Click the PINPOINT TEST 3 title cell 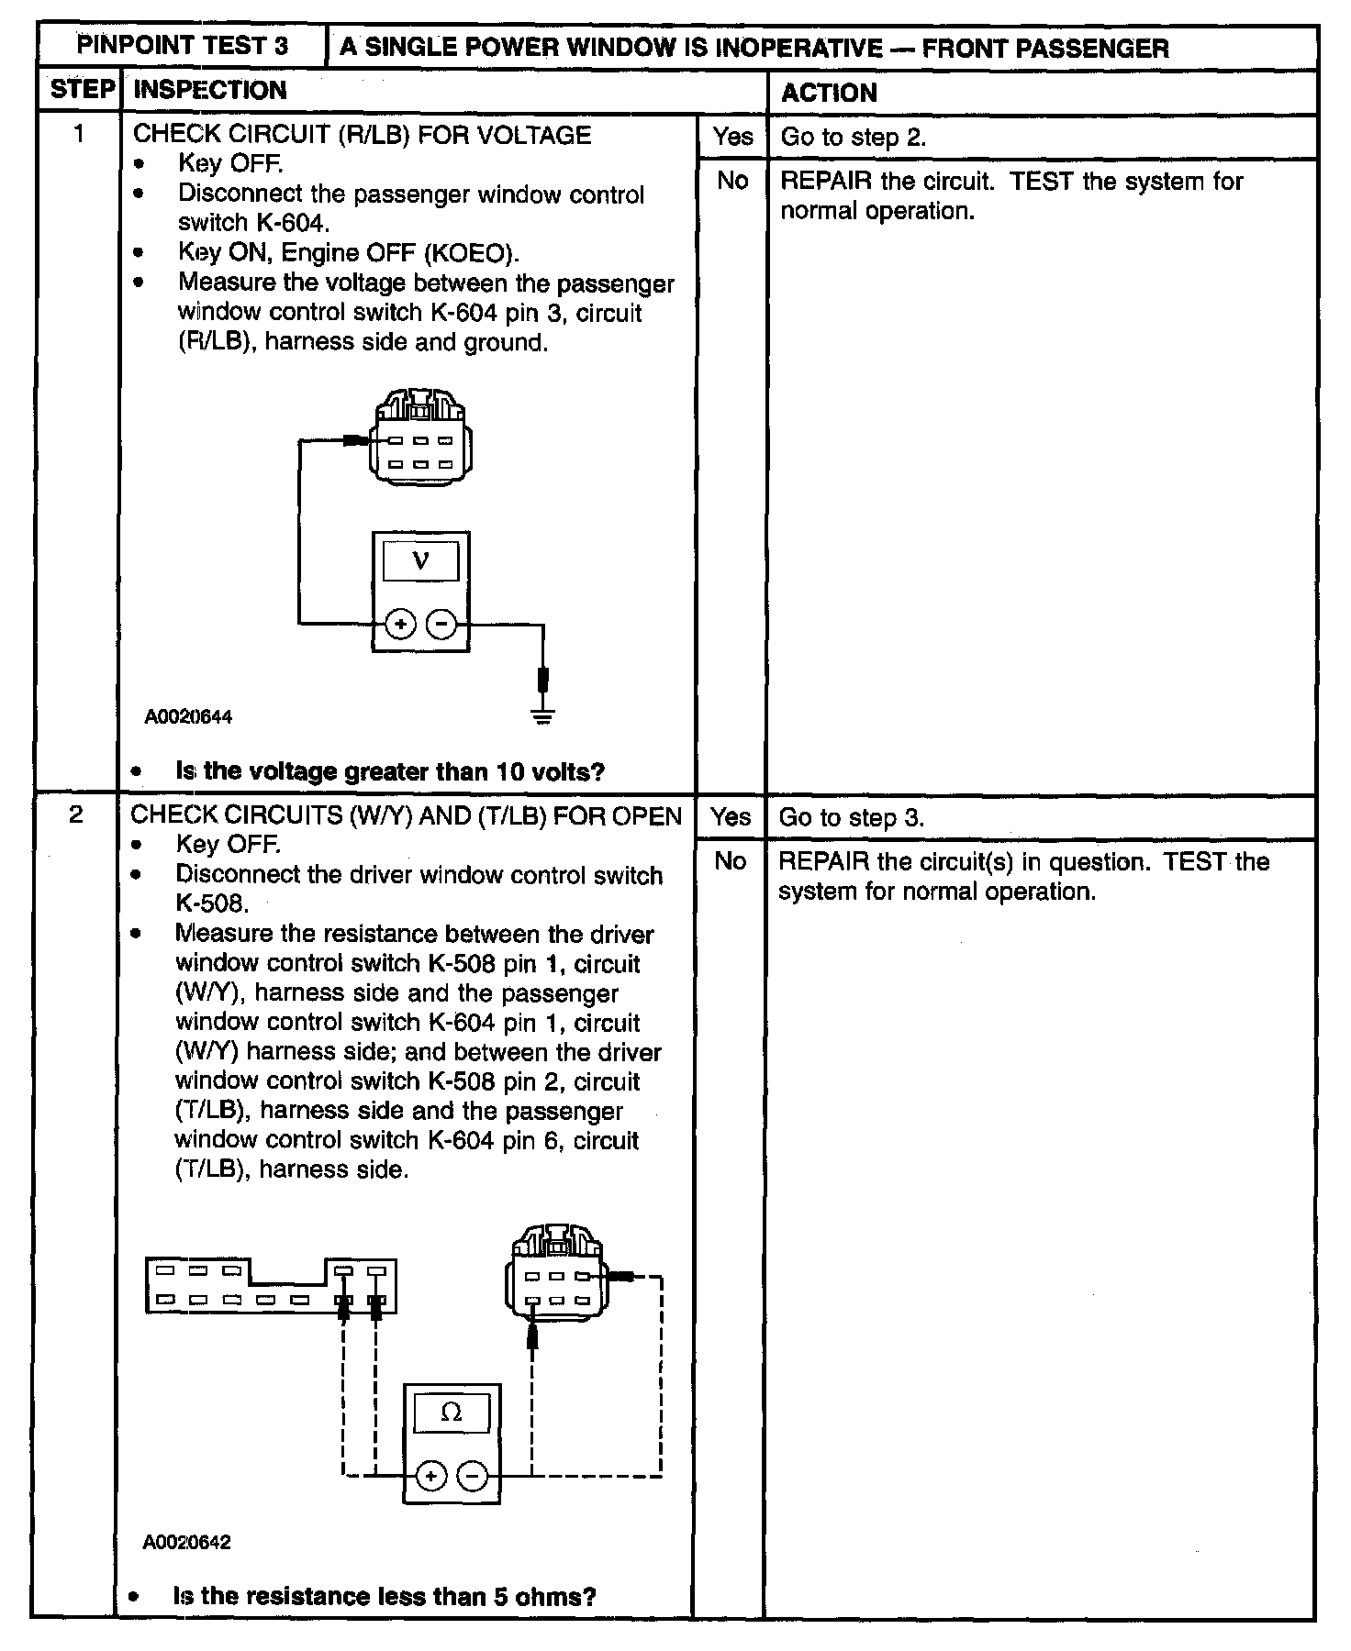click(x=182, y=46)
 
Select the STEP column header click(x=82, y=90)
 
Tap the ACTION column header click(x=829, y=93)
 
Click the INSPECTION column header click(x=210, y=90)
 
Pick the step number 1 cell click(x=79, y=135)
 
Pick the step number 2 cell click(x=77, y=814)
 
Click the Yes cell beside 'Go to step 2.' click(x=732, y=137)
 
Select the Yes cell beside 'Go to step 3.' click(x=731, y=817)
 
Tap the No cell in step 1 click(x=732, y=181)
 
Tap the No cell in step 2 click(x=731, y=861)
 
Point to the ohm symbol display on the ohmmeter click(x=451, y=1413)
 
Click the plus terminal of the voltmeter click(x=400, y=625)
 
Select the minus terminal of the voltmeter click(x=441, y=625)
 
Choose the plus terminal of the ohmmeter click(x=430, y=1476)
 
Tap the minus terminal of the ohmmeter click(x=472, y=1476)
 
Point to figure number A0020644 click(x=188, y=717)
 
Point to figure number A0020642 click(x=186, y=1543)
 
